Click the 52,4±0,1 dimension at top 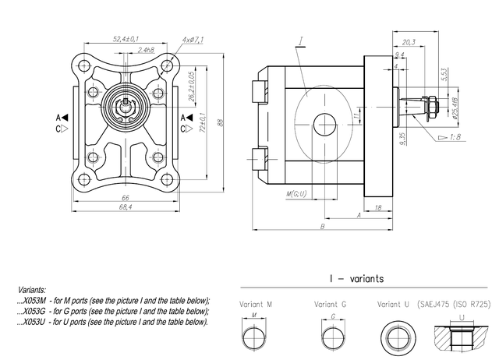pos(126,37)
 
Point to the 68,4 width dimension pos(125,207)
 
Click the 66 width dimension pos(125,198)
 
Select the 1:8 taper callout pos(453,137)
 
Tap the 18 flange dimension pos(377,208)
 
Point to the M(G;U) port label pos(297,193)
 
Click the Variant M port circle pos(253,338)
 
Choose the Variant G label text pos(331,304)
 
